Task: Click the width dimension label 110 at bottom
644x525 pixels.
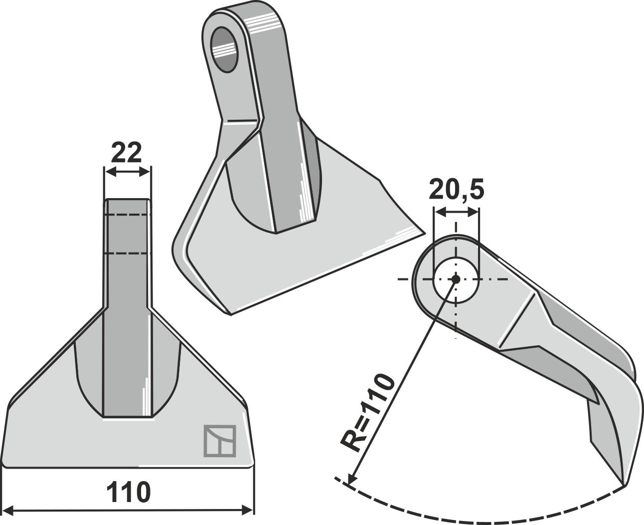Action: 128,493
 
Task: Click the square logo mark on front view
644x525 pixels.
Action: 219,441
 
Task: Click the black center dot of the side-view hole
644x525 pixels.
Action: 455,279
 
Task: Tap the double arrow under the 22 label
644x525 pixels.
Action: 127,172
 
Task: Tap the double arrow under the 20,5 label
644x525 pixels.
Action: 457,213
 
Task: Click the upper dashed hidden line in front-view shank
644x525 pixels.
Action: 127,215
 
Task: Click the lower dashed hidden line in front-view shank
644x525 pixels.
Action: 127,254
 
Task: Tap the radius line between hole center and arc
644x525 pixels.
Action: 404,379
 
